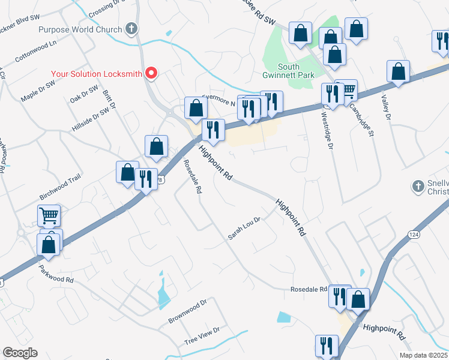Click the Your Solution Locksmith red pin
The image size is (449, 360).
(151, 74)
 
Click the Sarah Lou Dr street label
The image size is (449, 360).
(244, 229)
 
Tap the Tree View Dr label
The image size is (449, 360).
(202, 335)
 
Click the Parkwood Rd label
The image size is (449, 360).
(56, 274)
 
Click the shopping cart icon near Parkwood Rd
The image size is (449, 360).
(49, 215)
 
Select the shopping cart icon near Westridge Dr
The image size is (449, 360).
(348, 91)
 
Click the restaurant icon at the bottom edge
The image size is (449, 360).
(327, 344)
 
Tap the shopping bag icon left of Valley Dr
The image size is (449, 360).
(398, 71)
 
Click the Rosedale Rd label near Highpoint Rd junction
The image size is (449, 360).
(309, 289)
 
